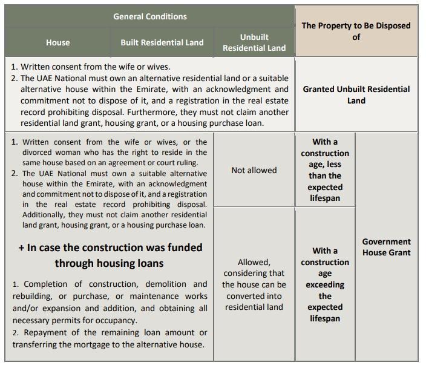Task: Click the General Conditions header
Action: (150, 16)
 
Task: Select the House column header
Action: (58, 42)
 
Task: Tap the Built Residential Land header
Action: (162, 42)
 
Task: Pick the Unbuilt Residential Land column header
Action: (254, 42)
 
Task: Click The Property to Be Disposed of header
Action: (356, 31)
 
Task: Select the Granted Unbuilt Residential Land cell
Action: (356, 94)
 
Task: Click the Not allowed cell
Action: (254, 170)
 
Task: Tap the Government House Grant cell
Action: (386, 247)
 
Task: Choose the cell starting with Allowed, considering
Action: (254, 284)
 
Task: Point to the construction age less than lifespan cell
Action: (325, 170)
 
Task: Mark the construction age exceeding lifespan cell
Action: (325, 284)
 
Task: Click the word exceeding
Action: (325, 284)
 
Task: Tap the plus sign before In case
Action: (22, 248)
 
